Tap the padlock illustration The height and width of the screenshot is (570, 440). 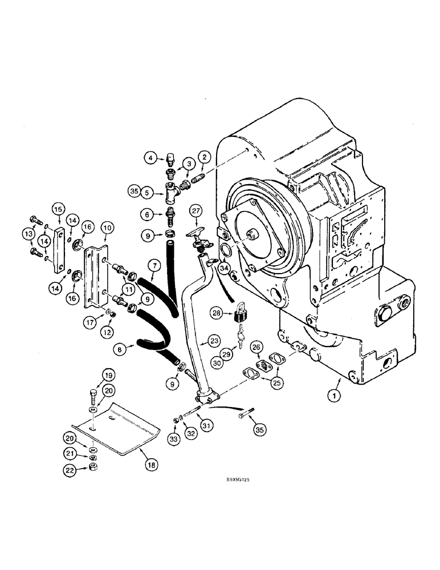[240, 312]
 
